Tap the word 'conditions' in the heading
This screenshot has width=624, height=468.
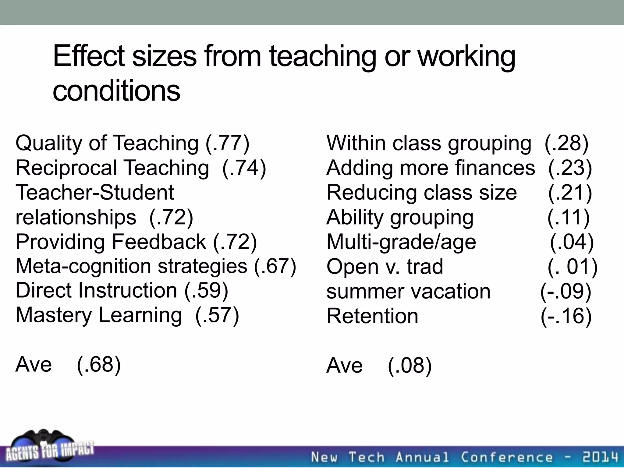tap(116, 90)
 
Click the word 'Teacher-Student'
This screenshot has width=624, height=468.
tap(95, 193)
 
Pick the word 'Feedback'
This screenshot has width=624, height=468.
tap(159, 242)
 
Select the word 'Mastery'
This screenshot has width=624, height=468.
tap(54, 315)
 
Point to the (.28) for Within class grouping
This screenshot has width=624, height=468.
tap(566, 143)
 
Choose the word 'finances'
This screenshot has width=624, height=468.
tap(495, 168)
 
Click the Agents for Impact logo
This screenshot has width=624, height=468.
tap(49, 448)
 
